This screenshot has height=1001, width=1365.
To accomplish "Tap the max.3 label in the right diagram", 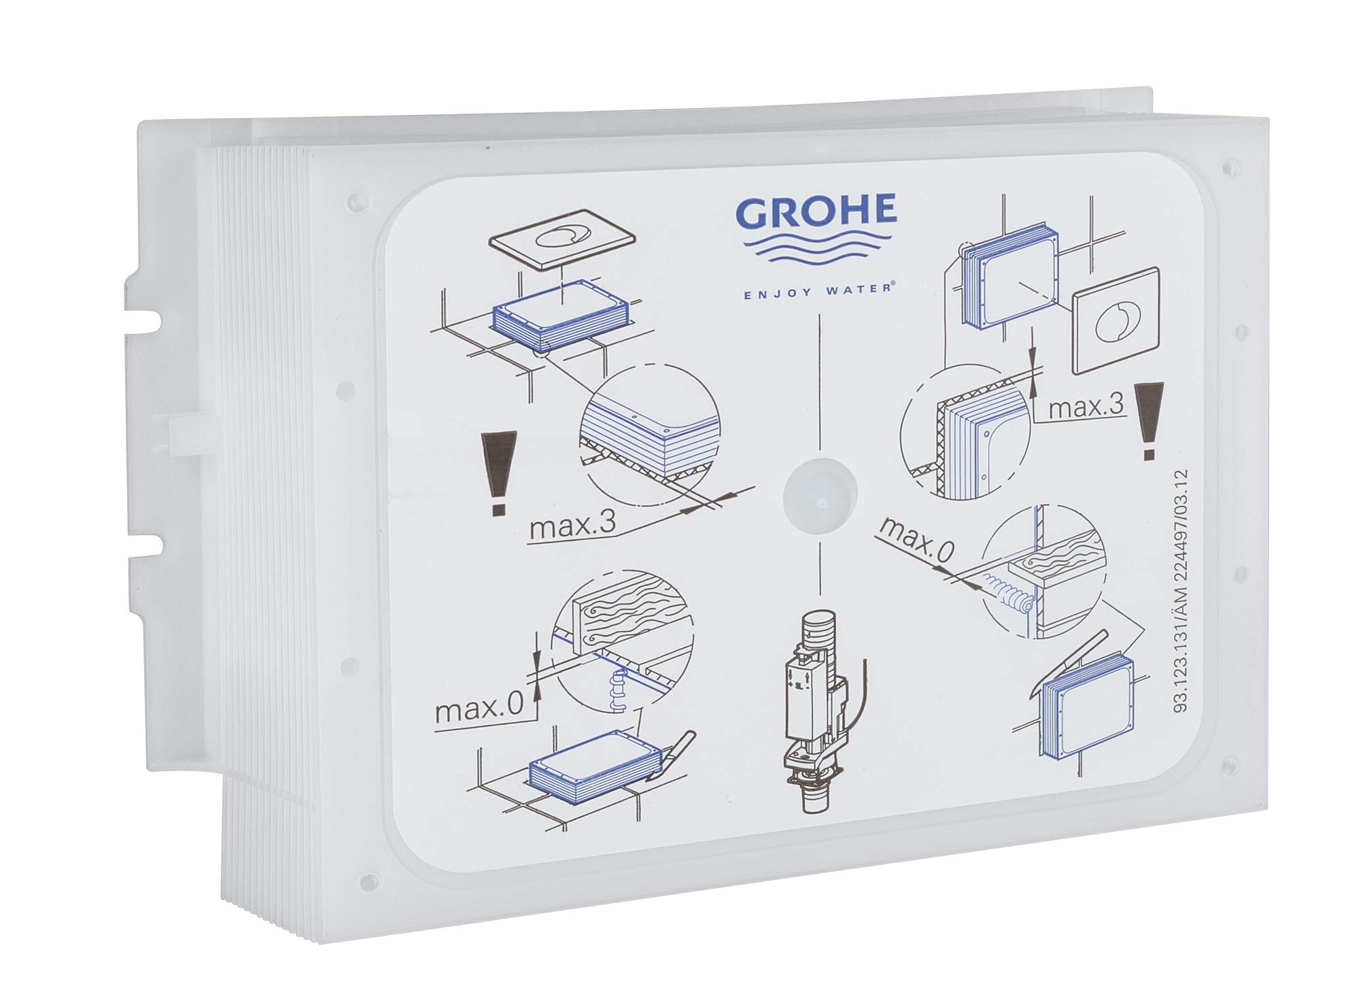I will pyautogui.click(x=1084, y=409).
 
